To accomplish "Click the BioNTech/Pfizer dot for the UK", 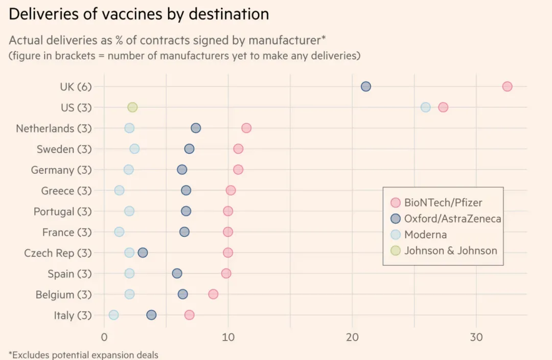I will pyautogui.click(x=507, y=86).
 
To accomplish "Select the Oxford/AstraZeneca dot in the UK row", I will pyautogui.click(x=366, y=86).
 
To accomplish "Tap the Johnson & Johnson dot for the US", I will pyautogui.click(x=132, y=107).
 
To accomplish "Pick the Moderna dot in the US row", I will pyautogui.click(x=426, y=107).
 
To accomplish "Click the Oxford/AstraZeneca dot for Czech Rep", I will pyautogui.click(x=143, y=253).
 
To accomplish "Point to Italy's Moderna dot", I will pyautogui.click(x=113, y=315).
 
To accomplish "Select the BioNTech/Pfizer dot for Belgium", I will pyautogui.click(x=213, y=294).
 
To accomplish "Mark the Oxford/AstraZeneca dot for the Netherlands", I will pyautogui.click(x=196, y=128).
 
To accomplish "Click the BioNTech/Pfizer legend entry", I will pyautogui.click(x=443, y=202).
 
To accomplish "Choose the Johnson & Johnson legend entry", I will pyautogui.click(x=450, y=251).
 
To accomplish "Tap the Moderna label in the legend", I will pyautogui.click(x=425, y=235).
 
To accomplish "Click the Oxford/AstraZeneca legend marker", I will pyautogui.click(x=395, y=219).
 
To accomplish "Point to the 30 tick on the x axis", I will pyautogui.click(x=476, y=338).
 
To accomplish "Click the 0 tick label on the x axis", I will pyautogui.click(x=104, y=338).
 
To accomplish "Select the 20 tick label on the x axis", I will pyautogui.click(x=352, y=338).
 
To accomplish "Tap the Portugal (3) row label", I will pyautogui.click(x=62, y=211).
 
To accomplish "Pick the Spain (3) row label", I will pyautogui.click(x=70, y=274).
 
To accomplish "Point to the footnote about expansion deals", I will pyautogui.click(x=84, y=354).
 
